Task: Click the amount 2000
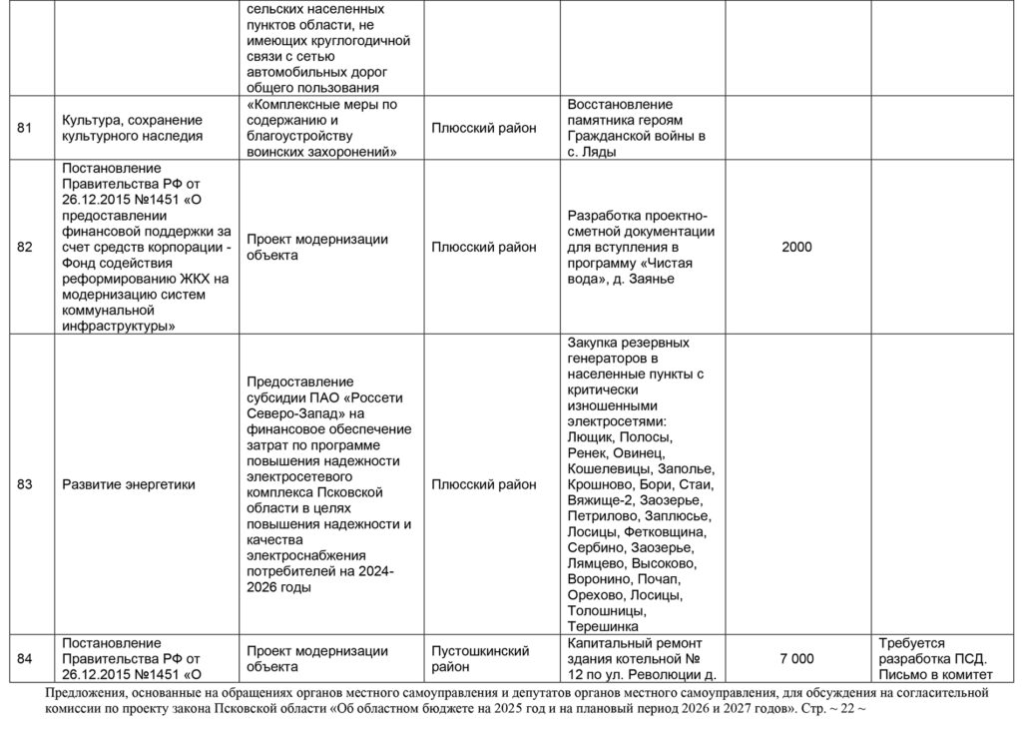click(x=797, y=248)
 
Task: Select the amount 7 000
click(x=797, y=658)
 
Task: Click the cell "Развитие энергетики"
click(x=129, y=484)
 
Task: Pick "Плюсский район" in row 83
click(x=484, y=484)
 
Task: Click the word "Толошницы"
click(x=606, y=611)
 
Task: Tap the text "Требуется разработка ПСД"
click(x=932, y=650)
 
